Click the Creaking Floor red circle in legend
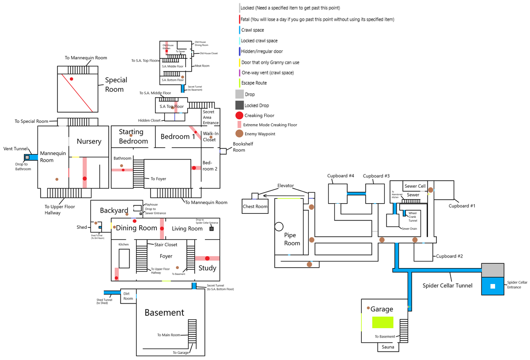239,115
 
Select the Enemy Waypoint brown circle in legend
239,133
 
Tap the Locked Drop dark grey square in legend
239,105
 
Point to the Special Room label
116,84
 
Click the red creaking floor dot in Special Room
71,79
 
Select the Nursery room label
89,141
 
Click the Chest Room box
255,206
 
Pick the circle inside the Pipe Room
279,227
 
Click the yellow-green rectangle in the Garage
382,322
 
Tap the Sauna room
388,347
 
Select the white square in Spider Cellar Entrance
493,286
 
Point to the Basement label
164,313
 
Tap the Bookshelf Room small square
223,151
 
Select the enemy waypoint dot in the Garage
368,308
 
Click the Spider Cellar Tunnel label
447,286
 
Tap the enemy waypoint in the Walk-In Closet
211,137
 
